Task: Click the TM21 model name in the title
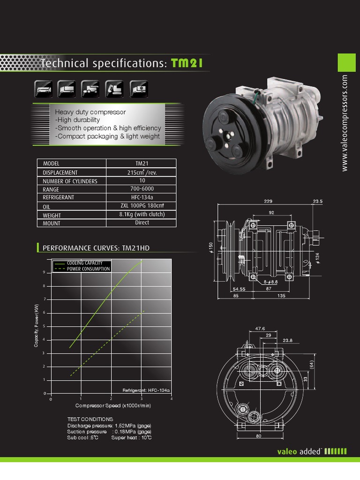click(x=187, y=63)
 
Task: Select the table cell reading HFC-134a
click(x=142, y=197)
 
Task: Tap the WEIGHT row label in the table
click(x=52, y=215)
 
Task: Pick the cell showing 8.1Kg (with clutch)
click(x=142, y=214)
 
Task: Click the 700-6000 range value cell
click(x=142, y=189)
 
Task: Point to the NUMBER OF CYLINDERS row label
click(x=70, y=181)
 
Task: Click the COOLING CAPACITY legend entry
click(x=84, y=263)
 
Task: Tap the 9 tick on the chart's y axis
click(x=44, y=272)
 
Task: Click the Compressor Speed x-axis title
click(x=113, y=405)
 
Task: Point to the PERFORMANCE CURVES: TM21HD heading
click(x=96, y=247)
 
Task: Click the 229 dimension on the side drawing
click(x=268, y=201)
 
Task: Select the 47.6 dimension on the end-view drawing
click(x=260, y=329)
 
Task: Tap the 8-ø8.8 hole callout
click(x=270, y=282)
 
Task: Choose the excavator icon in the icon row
click(x=115, y=88)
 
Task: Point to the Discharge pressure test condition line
click(x=109, y=425)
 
